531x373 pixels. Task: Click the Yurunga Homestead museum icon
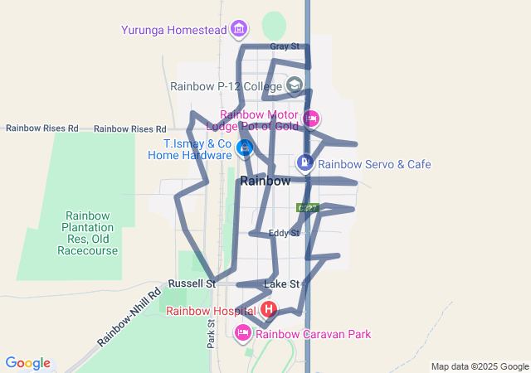(x=240, y=30)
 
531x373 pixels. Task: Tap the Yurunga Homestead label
(x=173, y=30)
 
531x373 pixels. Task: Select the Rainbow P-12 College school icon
(x=295, y=85)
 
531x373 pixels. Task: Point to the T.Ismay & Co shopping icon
(x=245, y=148)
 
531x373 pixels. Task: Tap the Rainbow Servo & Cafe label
(x=374, y=164)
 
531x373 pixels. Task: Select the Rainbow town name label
(x=265, y=181)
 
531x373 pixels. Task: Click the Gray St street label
(x=285, y=46)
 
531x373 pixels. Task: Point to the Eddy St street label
(x=284, y=233)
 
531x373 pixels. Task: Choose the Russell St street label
(x=192, y=283)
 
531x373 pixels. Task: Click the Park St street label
(x=211, y=332)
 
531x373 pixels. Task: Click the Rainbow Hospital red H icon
(x=269, y=310)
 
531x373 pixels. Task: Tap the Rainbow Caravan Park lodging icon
(x=243, y=333)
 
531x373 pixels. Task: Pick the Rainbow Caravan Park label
(x=314, y=334)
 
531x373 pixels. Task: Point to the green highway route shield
(x=308, y=207)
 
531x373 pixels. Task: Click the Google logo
(x=27, y=363)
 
